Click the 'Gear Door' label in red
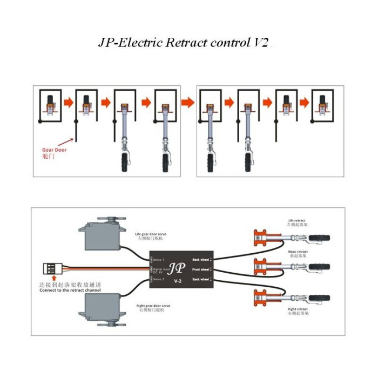pyautogui.click(x=55, y=150)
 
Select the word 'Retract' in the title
pyautogui.click(x=184, y=43)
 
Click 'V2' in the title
pyautogui.click(x=260, y=43)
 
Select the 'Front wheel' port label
pyautogui.click(x=200, y=268)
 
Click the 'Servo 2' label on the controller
pyautogui.click(x=158, y=279)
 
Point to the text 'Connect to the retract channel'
pyautogui.click(x=70, y=290)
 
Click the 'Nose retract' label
pyautogui.click(x=298, y=252)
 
